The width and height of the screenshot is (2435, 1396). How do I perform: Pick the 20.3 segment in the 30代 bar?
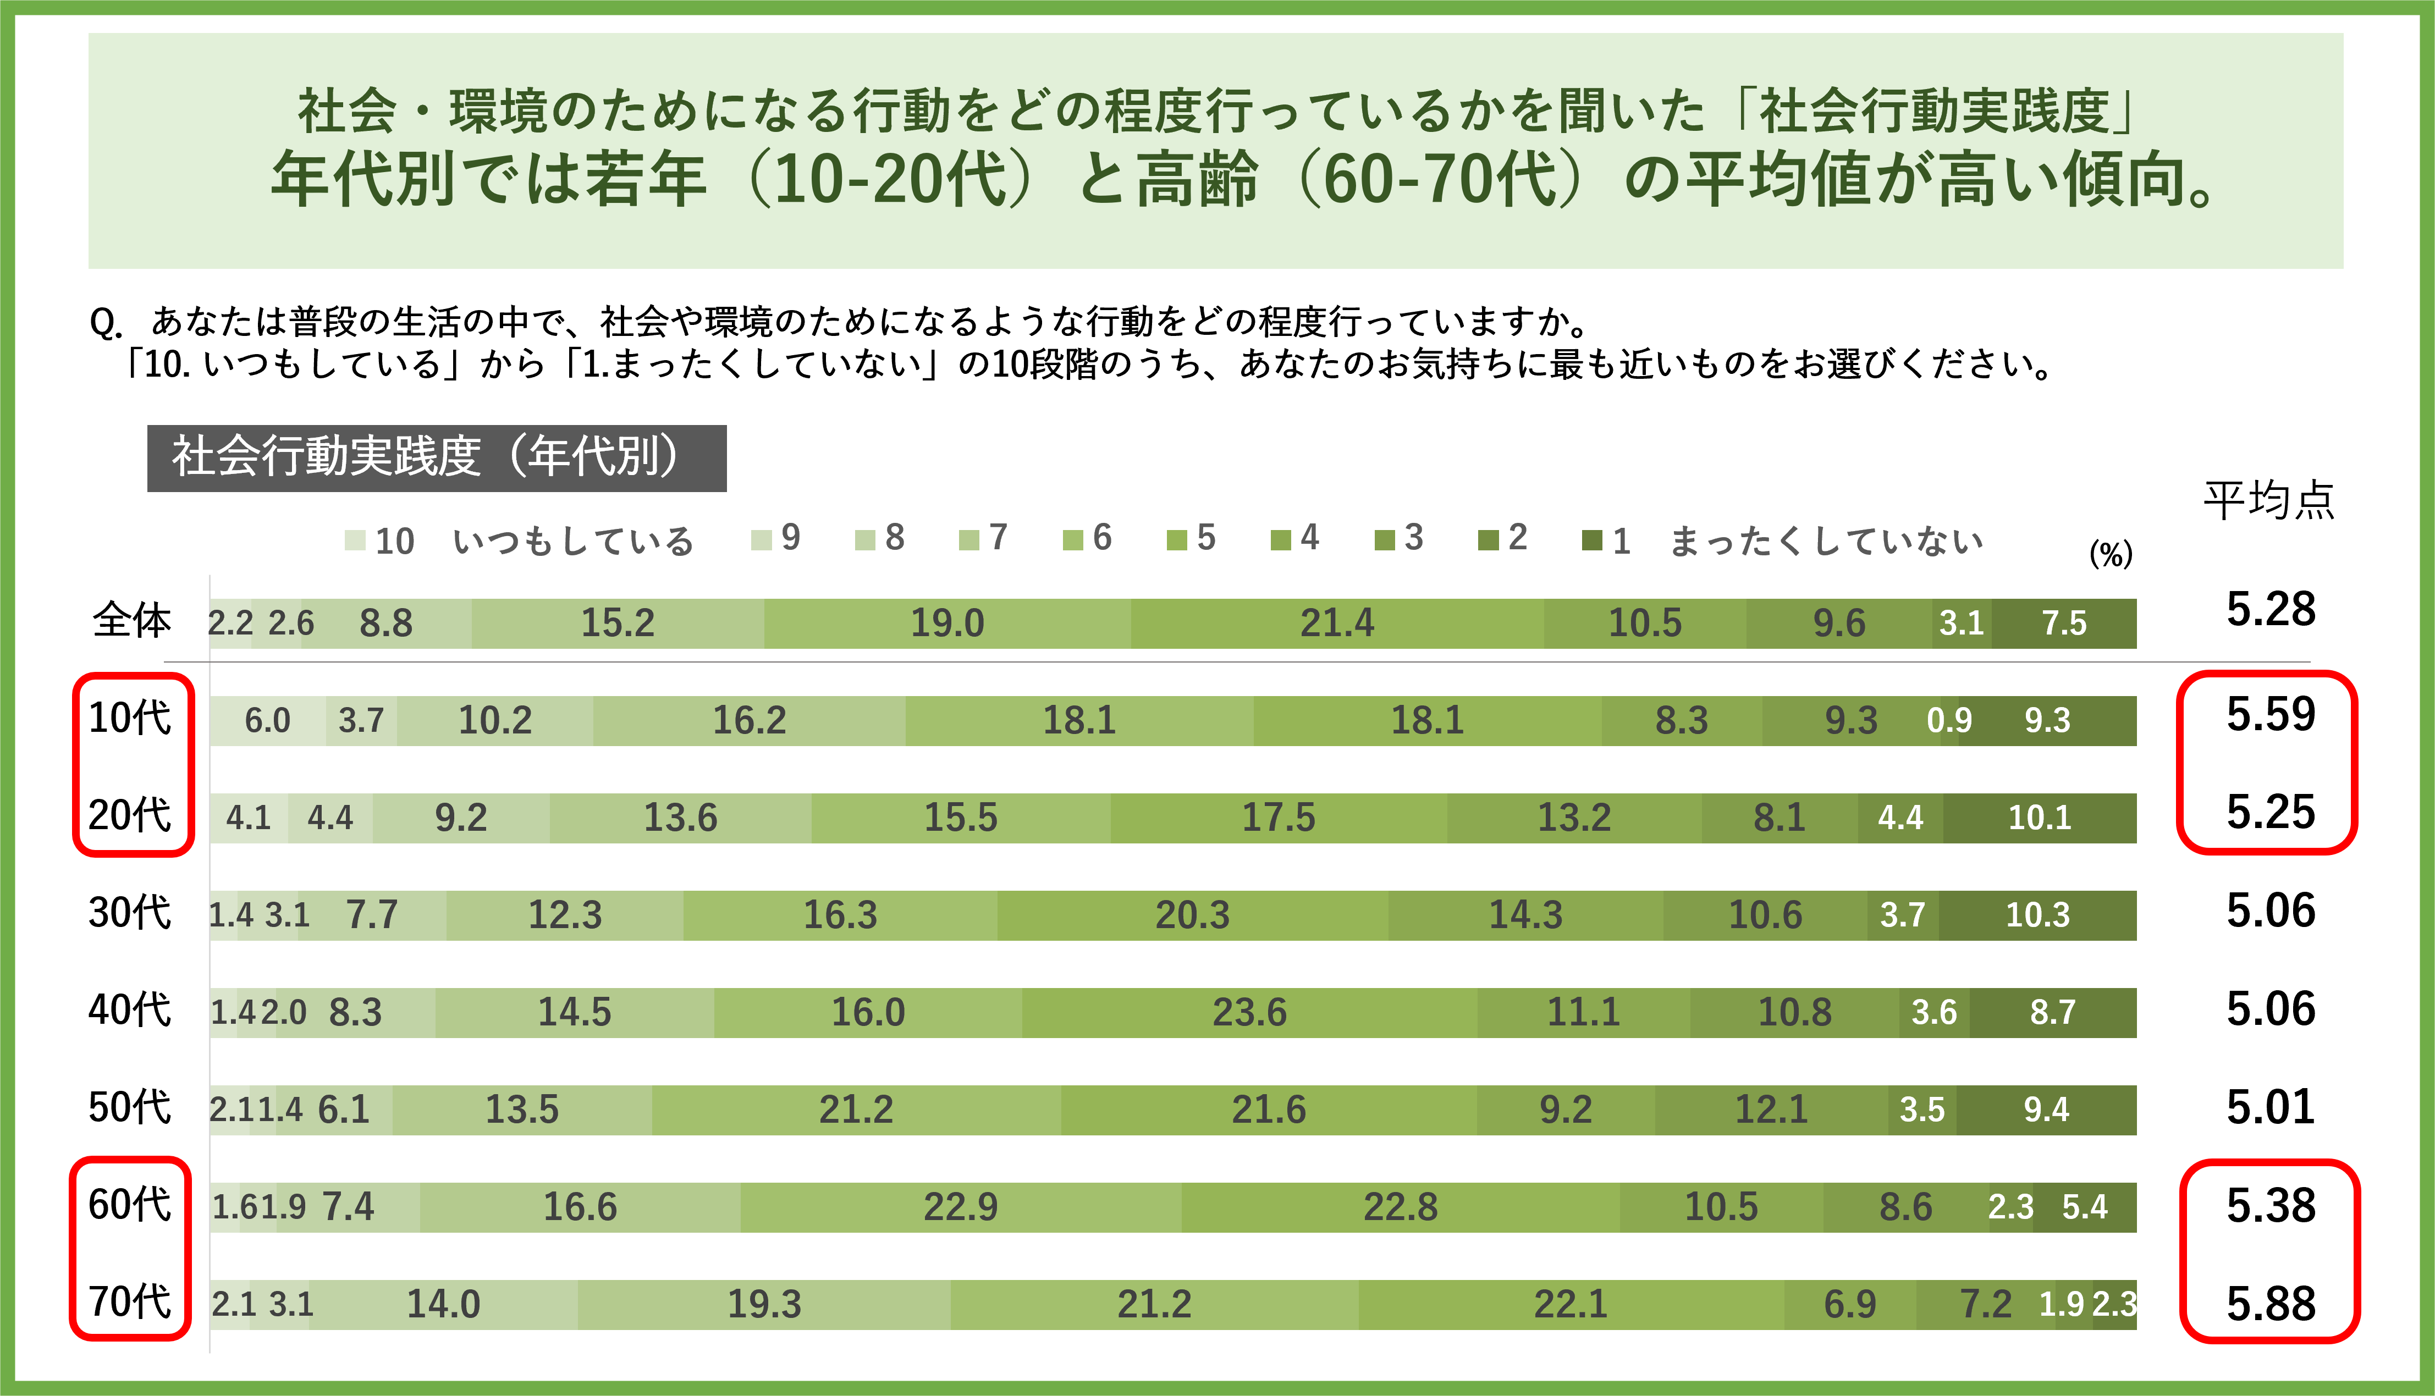1192,915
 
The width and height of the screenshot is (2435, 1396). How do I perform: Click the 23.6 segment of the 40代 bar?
1249,1012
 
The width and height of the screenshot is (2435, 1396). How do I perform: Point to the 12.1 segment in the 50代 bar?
1771,1110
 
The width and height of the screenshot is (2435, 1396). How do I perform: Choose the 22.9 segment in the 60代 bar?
961,1207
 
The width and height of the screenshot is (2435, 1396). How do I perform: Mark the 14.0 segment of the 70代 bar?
443,1304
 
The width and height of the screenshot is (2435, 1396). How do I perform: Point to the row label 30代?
129,913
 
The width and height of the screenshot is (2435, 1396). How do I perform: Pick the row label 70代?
129,1302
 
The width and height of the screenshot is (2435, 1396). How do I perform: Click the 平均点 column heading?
2268,500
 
